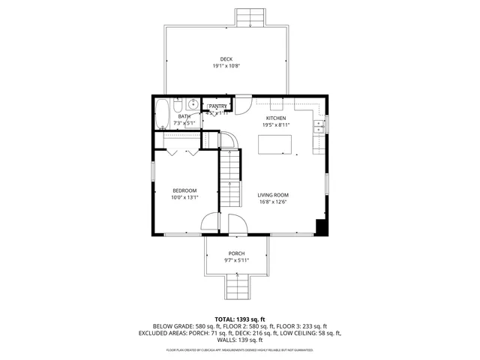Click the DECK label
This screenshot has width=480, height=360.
pyautogui.click(x=226, y=59)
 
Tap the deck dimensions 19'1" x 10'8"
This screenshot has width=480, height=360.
pyautogui.click(x=226, y=66)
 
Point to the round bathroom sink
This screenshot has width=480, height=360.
pyautogui.click(x=192, y=105)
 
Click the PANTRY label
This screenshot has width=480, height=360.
pyautogui.click(x=217, y=106)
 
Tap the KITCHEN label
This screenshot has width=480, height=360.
pyautogui.click(x=275, y=118)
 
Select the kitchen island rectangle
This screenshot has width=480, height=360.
pyautogui.click(x=276, y=143)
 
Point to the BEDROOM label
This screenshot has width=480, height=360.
pyautogui.click(x=184, y=190)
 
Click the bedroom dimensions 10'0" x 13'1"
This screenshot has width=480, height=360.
pyautogui.click(x=184, y=198)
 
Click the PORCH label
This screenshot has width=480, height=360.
pyautogui.click(x=236, y=253)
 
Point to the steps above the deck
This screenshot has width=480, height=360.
pyautogui.click(x=249, y=17)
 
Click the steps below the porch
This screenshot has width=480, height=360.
pyautogui.click(x=238, y=286)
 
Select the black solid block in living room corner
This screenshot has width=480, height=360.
pyautogui.click(x=322, y=228)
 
